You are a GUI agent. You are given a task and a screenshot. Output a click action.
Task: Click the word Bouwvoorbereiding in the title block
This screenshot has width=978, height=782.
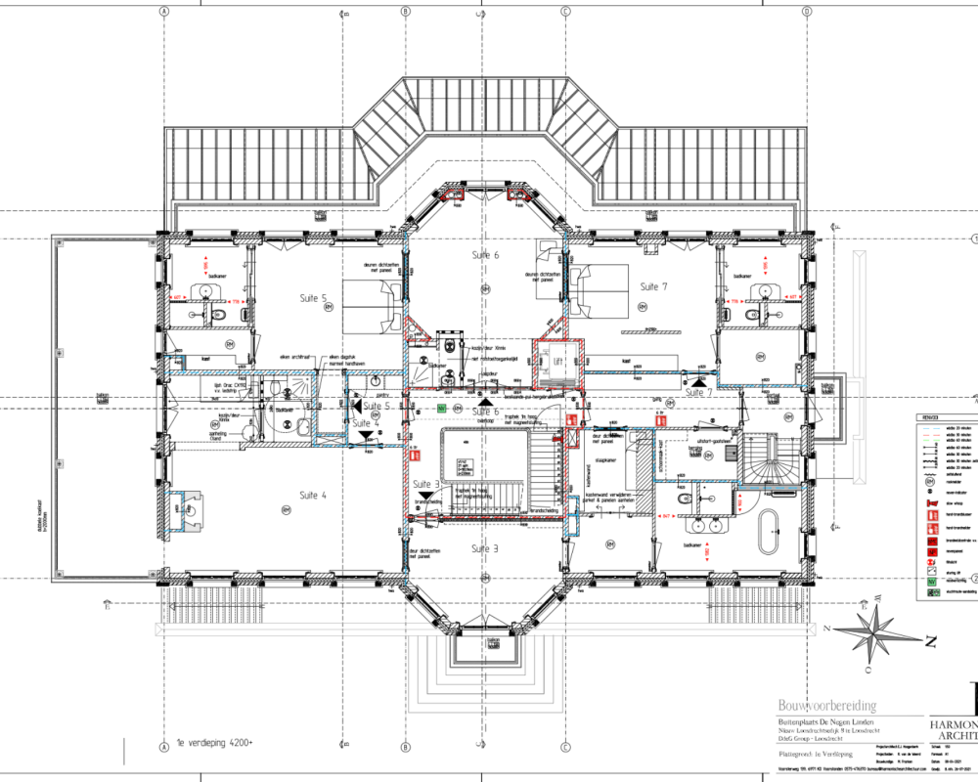click(826, 706)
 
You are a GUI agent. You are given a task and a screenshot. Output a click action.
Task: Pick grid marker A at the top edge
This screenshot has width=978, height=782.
click(163, 13)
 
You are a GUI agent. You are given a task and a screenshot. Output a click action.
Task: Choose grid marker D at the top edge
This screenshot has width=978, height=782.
click(807, 13)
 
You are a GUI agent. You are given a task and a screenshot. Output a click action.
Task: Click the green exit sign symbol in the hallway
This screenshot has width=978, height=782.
click(441, 408)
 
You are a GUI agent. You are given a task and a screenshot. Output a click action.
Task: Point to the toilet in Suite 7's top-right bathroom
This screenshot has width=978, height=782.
click(751, 317)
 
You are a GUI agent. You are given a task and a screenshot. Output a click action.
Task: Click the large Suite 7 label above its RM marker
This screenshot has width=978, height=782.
click(652, 286)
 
